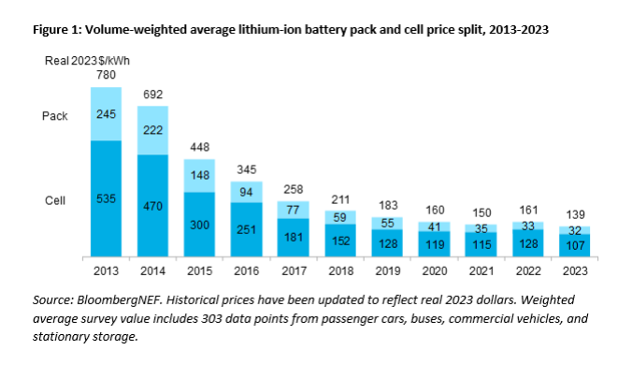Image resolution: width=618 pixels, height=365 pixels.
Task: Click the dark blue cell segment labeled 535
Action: coord(106,198)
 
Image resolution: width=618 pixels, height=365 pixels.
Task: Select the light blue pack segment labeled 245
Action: coord(106,114)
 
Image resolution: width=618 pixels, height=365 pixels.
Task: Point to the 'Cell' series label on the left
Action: coord(55,199)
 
